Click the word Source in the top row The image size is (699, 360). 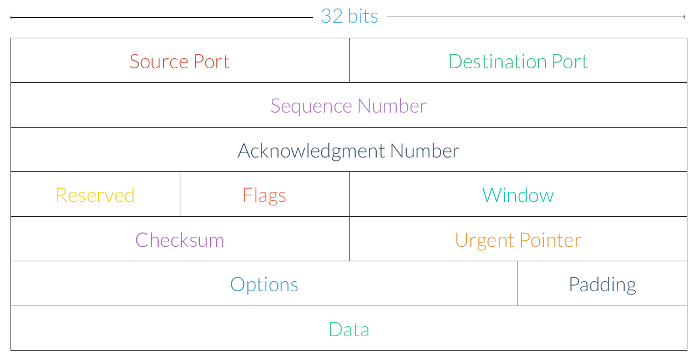pyautogui.click(x=159, y=62)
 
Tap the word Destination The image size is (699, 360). pyautogui.click(x=498, y=62)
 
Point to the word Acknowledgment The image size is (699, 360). pyautogui.click(x=311, y=151)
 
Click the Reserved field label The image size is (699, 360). pyautogui.click(x=95, y=195)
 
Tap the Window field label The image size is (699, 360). pyautogui.click(x=518, y=195)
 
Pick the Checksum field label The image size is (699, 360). pyautogui.click(x=180, y=240)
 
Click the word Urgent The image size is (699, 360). pyautogui.click(x=484, y=241)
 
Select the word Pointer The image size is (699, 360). pyautogui.click(x=550, y=240)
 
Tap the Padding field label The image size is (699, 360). pyautogui.click(x=602, y=285)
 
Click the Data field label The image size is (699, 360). pyautogui.click(x=349, y=329)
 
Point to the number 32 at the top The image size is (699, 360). pyautogui.click(x=332, y=16)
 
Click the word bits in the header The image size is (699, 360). pyautogui.click(x=363, y=16)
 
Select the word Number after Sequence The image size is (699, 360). pyautogui.click(x=392, y=106)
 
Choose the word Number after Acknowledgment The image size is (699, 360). pyautogui.click(x=425, y=151)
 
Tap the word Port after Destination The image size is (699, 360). pyautogui.click(x=570, y=62)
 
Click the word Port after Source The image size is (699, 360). pyautogui.click(x=211, y=62)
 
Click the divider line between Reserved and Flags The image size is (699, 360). pyautogui.click(x=180, y=194)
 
